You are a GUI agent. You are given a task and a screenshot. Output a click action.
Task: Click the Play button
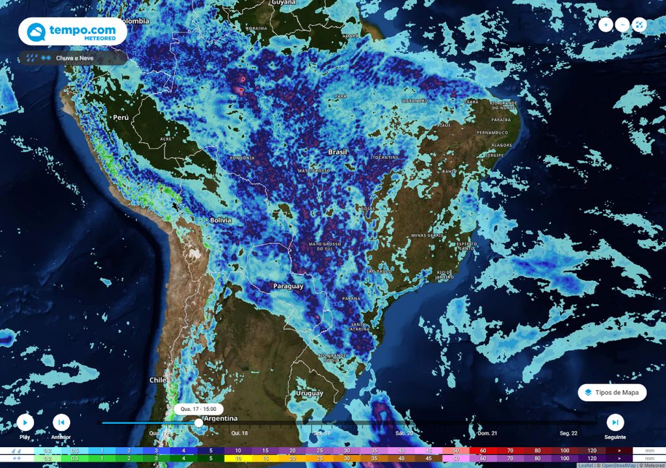[25, 422]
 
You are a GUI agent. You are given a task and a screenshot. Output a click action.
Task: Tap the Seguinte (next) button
[615, 422]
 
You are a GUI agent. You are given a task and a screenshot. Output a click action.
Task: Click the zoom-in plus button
[606, 25]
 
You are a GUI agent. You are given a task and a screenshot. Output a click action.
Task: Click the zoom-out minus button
[622, 25]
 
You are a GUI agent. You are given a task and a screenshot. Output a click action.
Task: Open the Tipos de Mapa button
[612, 393]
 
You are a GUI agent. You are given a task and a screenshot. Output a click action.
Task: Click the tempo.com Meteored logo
[72, 32]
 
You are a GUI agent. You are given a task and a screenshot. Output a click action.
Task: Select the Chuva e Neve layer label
[73, 58]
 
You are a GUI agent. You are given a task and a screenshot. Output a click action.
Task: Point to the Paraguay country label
[288, 286]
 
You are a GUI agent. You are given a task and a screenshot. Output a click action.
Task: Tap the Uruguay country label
[309, 393]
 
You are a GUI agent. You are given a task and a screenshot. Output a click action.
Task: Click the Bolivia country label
[220, 220]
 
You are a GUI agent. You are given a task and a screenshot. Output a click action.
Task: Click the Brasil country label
[338, 152]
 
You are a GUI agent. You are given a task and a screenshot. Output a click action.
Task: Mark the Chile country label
[158, 380]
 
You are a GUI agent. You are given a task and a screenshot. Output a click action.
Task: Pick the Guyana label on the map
[284, 3]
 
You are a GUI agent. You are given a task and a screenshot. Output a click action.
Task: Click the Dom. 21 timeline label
[488, 433]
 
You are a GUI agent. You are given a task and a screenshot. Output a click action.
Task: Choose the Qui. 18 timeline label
[239, 433]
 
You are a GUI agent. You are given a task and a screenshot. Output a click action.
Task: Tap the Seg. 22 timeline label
[568, 433]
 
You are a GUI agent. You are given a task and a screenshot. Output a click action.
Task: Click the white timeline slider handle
[198, 422]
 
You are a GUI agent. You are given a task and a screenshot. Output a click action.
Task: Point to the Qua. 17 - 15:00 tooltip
[198, 409]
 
